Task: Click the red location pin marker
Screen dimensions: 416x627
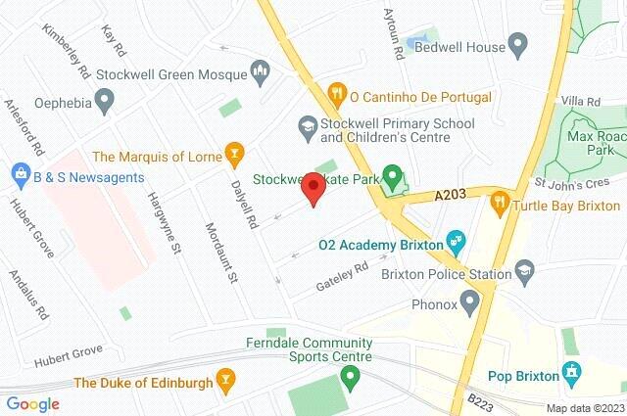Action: [313, 191]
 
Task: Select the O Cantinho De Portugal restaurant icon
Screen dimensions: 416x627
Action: [337, 96]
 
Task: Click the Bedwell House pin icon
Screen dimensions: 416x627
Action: [519, 45]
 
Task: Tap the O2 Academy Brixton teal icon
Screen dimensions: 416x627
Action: [455, 240]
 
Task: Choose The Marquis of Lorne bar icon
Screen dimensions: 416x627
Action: [233, 153]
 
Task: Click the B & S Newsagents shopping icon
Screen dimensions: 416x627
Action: [18, 177]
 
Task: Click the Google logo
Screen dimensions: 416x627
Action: [33, 403]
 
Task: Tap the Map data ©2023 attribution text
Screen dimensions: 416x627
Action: [584, 408]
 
